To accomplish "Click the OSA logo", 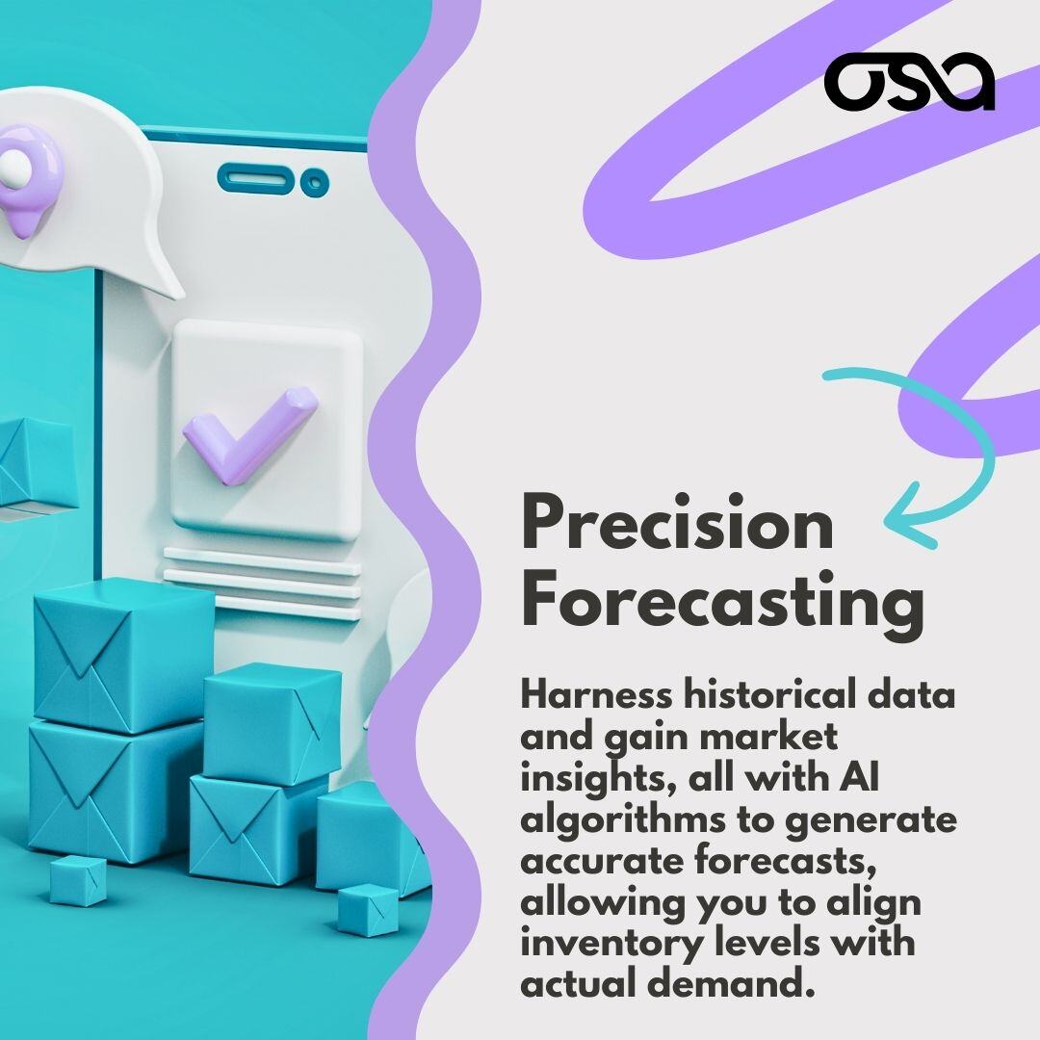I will click(x=909, y=82).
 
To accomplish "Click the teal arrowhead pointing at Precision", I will click(x=900, y=525).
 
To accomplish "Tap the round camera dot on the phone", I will click(x=311, y=181).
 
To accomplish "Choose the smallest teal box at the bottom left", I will click(x=77, y=879).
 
